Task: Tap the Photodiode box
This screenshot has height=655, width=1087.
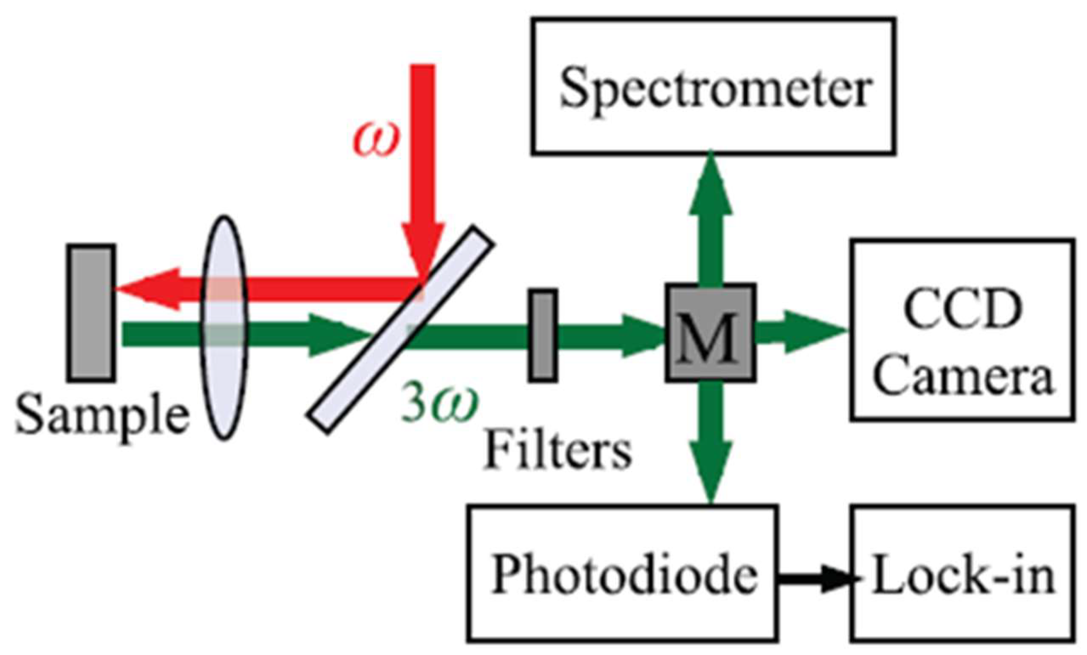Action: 622,573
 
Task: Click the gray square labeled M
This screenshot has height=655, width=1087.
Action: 710,332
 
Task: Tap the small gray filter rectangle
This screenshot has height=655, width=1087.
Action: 543,335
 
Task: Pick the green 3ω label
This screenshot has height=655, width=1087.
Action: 439,406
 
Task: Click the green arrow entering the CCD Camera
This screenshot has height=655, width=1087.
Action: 798,332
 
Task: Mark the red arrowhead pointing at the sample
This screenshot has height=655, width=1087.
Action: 148,289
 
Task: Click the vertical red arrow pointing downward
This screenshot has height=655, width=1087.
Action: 423,168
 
